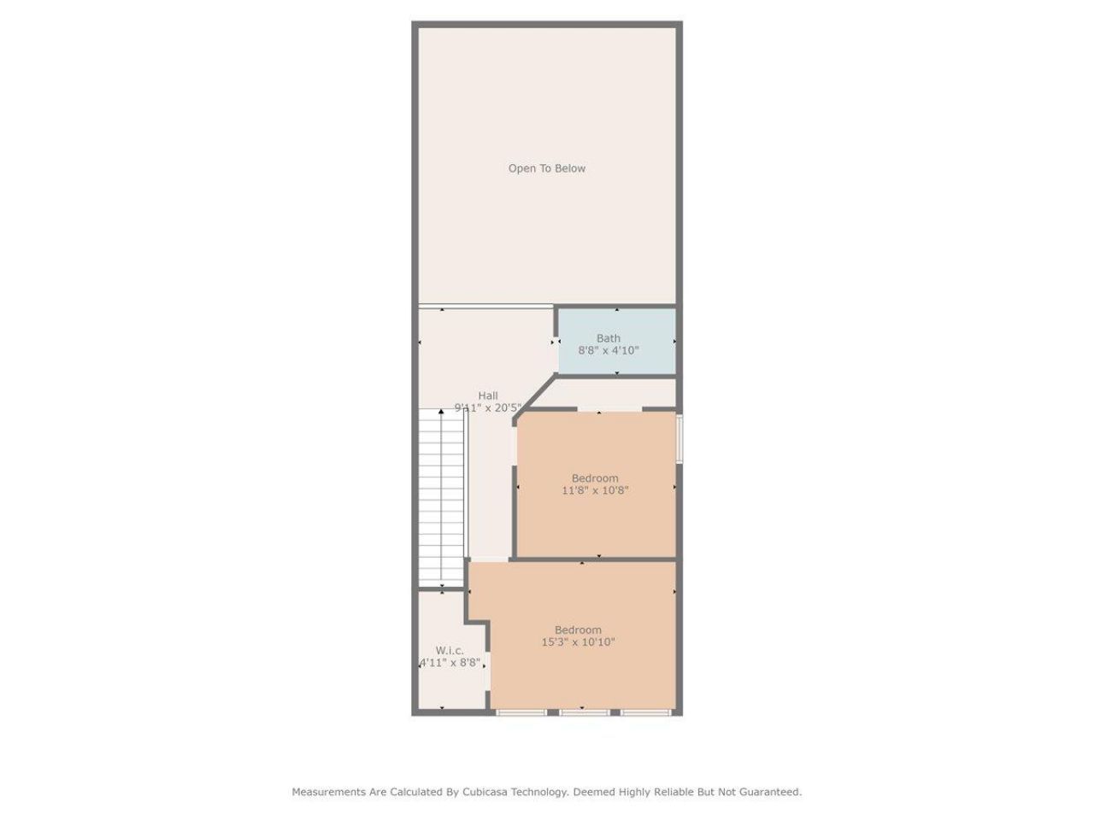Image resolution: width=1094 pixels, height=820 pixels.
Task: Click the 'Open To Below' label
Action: pos(547,168)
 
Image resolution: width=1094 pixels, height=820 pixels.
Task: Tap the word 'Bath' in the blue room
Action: pos(609,338)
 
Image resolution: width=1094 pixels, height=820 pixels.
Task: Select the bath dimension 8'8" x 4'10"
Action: pos(609,350)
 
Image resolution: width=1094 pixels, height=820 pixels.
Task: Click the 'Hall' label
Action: pos(488,395)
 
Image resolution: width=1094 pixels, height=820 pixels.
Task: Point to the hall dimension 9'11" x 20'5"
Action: pos(487,408)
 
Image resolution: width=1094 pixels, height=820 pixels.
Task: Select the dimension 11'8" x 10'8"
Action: pos(595,490)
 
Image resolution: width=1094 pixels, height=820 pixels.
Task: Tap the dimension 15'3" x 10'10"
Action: pos(578,642)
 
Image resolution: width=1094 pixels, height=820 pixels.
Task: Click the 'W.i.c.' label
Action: pos(450,650)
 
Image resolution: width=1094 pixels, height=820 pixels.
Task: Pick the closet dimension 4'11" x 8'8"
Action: pos(450,662)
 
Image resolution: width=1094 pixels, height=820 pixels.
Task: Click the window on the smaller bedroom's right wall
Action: pos(679,438)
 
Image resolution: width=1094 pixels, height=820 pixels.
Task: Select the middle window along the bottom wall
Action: pos(585,712)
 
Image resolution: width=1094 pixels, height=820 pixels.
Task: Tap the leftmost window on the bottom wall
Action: pos(521,712)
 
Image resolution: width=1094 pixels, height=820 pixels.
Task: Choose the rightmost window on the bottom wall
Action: pos(647,712)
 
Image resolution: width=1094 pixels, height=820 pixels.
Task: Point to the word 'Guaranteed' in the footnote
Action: pos(770,792)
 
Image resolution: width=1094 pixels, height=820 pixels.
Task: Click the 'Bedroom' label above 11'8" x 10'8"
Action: pos(595,478)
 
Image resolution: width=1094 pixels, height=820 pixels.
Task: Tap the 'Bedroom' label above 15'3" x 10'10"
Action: pos(578,630)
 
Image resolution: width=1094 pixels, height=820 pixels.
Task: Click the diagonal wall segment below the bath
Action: pos(536,397)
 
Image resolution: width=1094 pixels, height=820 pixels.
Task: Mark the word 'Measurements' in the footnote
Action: pos(329,792)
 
